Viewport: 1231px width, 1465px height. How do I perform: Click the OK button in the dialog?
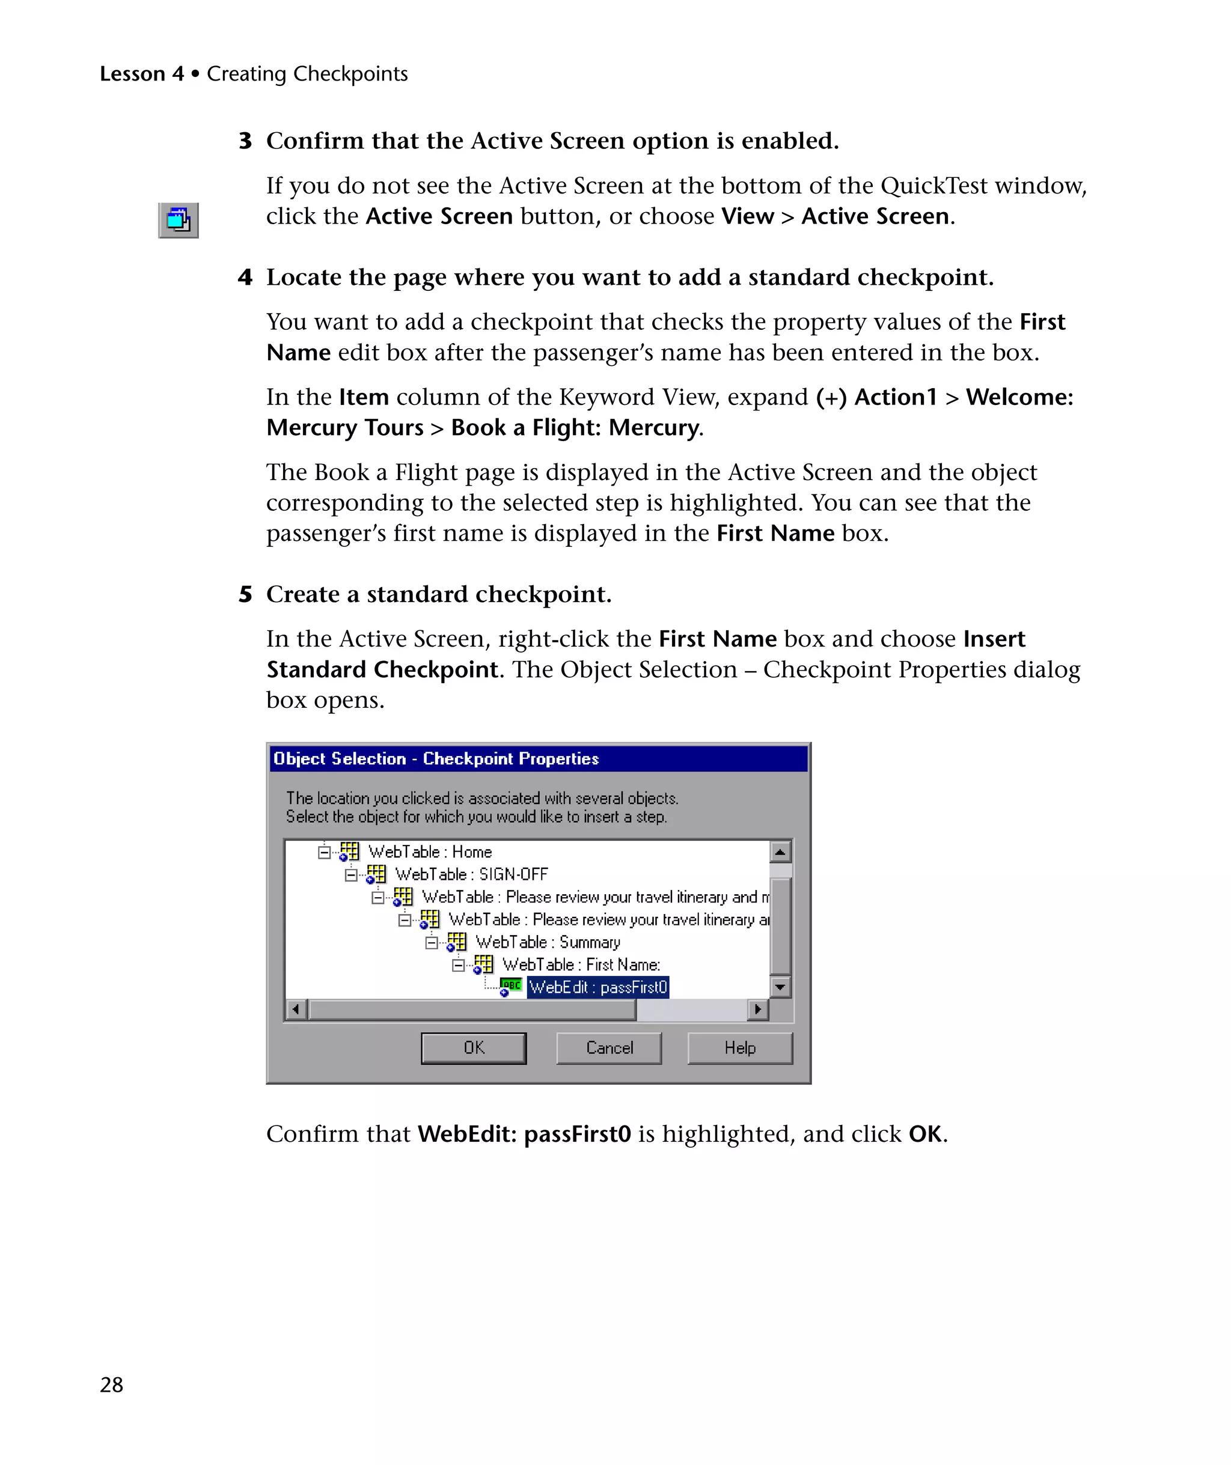(473, 1048)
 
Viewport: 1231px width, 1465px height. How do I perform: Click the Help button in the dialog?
(740, 1048)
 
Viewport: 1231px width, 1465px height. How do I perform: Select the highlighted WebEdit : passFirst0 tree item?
(598, 987)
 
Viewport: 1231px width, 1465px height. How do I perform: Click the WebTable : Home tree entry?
(430, 852)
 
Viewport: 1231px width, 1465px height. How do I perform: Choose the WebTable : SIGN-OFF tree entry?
(471, 874)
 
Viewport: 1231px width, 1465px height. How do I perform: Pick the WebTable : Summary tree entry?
(547, 942)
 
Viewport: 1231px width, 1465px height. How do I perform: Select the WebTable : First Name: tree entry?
(581, 965)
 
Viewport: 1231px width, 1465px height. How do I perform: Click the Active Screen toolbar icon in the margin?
(179, 221)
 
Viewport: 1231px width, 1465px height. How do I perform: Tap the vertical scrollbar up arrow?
(780, 852)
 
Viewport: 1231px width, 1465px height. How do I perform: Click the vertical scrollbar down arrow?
(780, 987)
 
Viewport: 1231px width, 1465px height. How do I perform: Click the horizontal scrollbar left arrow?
(296, 1009)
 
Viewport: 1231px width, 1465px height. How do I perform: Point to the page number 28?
(112, 1384)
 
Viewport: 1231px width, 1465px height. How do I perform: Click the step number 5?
(245, 594)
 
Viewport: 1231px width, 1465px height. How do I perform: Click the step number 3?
(245, 141)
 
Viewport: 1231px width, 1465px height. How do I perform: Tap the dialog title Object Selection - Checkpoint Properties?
(436, 758)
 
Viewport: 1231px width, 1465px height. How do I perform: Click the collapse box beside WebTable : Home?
(324, 852)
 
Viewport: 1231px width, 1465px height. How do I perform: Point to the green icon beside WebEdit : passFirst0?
(511, 985)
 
